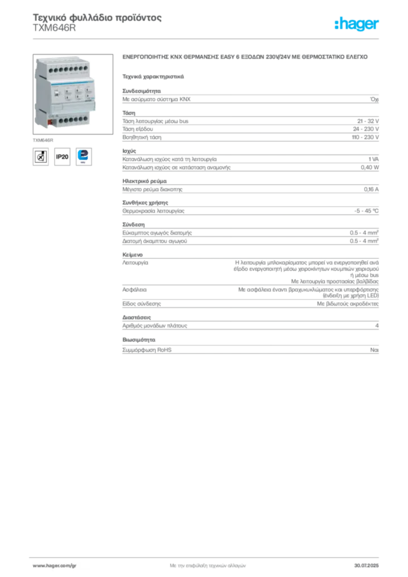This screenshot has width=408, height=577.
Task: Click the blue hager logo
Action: pyautogui.click(x=357, y=25)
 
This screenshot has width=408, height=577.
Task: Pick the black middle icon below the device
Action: pyautogui.click(x=63, y=157)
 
